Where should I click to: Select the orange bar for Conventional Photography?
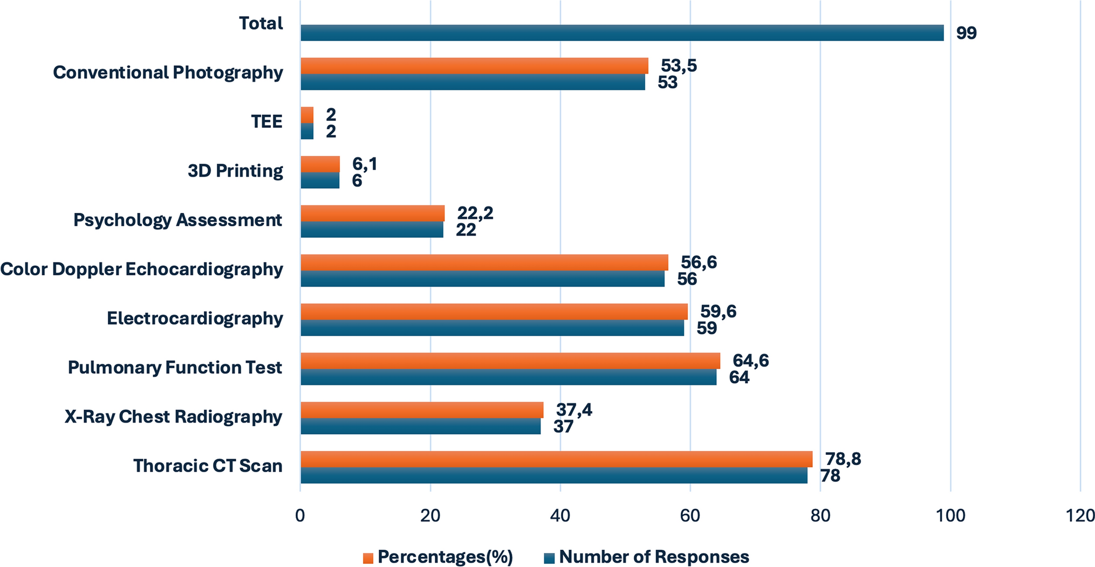point(474,66)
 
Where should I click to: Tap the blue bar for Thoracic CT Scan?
point(553,475)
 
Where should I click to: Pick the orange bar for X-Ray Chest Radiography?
point(421,410)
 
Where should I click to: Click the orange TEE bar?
point(307,115)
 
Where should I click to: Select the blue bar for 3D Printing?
point(320,181)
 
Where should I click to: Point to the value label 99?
point(966,33)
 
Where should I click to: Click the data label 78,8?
point(843,459)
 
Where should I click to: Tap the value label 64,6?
point(750,361)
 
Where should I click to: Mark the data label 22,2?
point(475,213)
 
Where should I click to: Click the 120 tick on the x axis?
point(1080,516)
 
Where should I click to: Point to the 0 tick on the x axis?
point(300,516)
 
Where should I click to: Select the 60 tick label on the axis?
point(690,516)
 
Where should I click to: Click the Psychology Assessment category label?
point(177,220)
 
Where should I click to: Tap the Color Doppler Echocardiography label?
point(141,269)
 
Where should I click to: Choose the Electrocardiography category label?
point(195,318)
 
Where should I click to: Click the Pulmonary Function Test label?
point(175,368)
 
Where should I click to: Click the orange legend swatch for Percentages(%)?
point(368,558)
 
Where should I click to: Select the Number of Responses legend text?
point(654,557)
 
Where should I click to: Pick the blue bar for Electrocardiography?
point(492,328)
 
